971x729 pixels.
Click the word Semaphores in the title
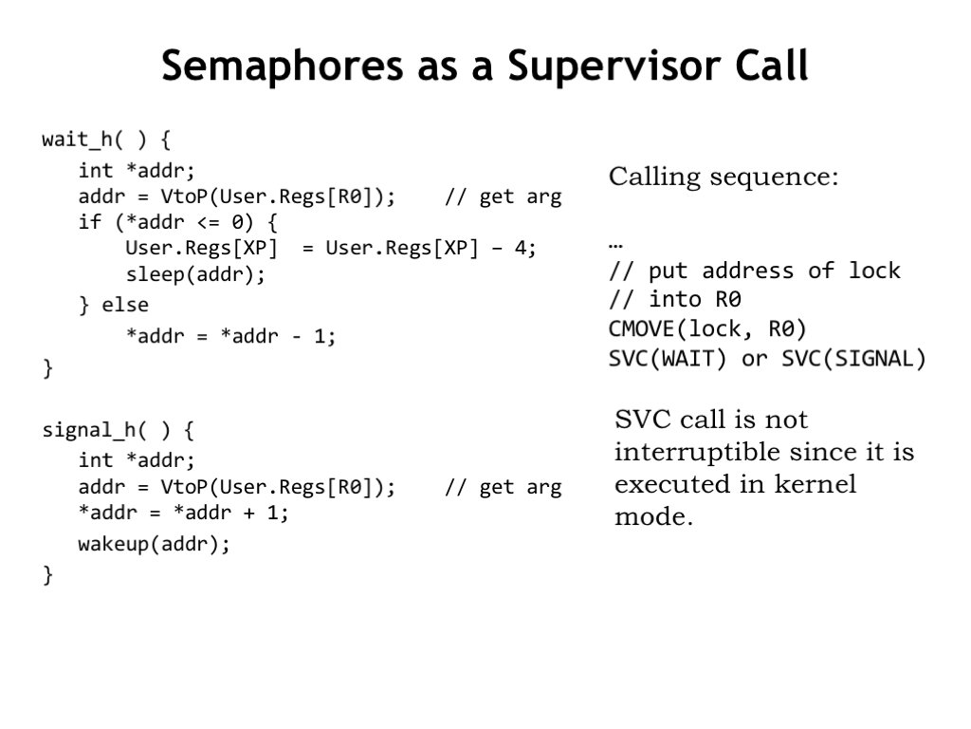pyautogui.click(x=283, y=66)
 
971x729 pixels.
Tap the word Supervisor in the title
pyautogui.click(x=614, y=66)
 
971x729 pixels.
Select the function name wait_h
pyautogui.click(x=78, y=140)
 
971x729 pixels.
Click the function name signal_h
pyautogui.click(x=89, y=430)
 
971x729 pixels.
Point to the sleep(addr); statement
pyautogui.click(x=195, y=274)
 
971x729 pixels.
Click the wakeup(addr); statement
pyautogui.click(x=155, y=544)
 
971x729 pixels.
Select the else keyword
pyautogui.click(x=125, y=305)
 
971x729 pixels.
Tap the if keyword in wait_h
pyautogui.click(x=90, y=222)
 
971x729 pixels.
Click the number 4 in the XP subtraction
pyautogui.click(x=521, y=248)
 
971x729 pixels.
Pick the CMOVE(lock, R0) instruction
pyautogui.click(x=707, y=328)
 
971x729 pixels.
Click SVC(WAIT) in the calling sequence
pyautogui.click(x=667, y=358)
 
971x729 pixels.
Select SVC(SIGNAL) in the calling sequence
pyautogui.click(x=853, y=358)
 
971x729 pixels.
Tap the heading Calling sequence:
pyautogui.click(x=724, y=177)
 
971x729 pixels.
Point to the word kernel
pyautogui.click(x=815, y=483)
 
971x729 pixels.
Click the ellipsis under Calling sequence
pyautogui.click(x=614, y=247)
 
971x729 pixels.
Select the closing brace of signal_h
pyautogui.click(x=47, y=574)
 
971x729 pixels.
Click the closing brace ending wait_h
pyautogui.click(x=47, y=367)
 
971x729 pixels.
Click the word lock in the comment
pyautogui.click(x=874, y=271)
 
